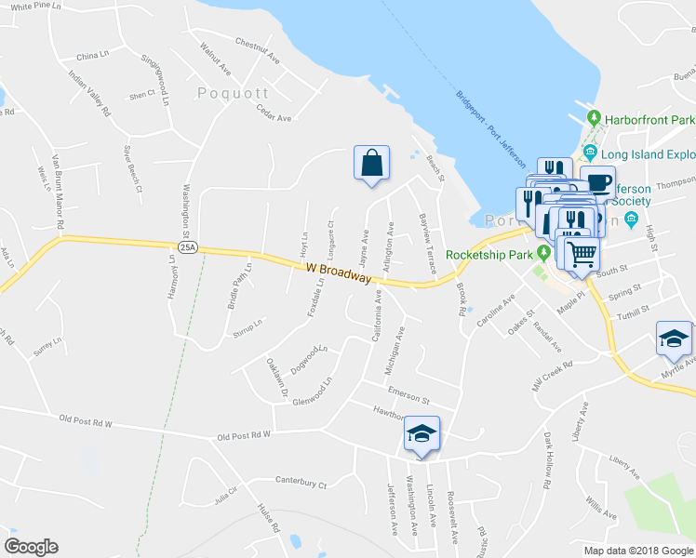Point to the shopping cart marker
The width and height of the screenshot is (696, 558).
click(x=581, y=252)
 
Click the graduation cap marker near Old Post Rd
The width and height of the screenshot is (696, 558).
click(x=422, y=433)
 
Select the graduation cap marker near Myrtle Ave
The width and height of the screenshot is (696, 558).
click(x=674, y=339)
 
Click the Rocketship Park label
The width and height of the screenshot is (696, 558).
click(x=487, y=255)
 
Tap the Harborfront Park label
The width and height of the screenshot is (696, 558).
click(x=650, y=120)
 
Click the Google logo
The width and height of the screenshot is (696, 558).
click(x=31, y=547)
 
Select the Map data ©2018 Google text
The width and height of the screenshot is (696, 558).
click(x=638, y=551)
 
